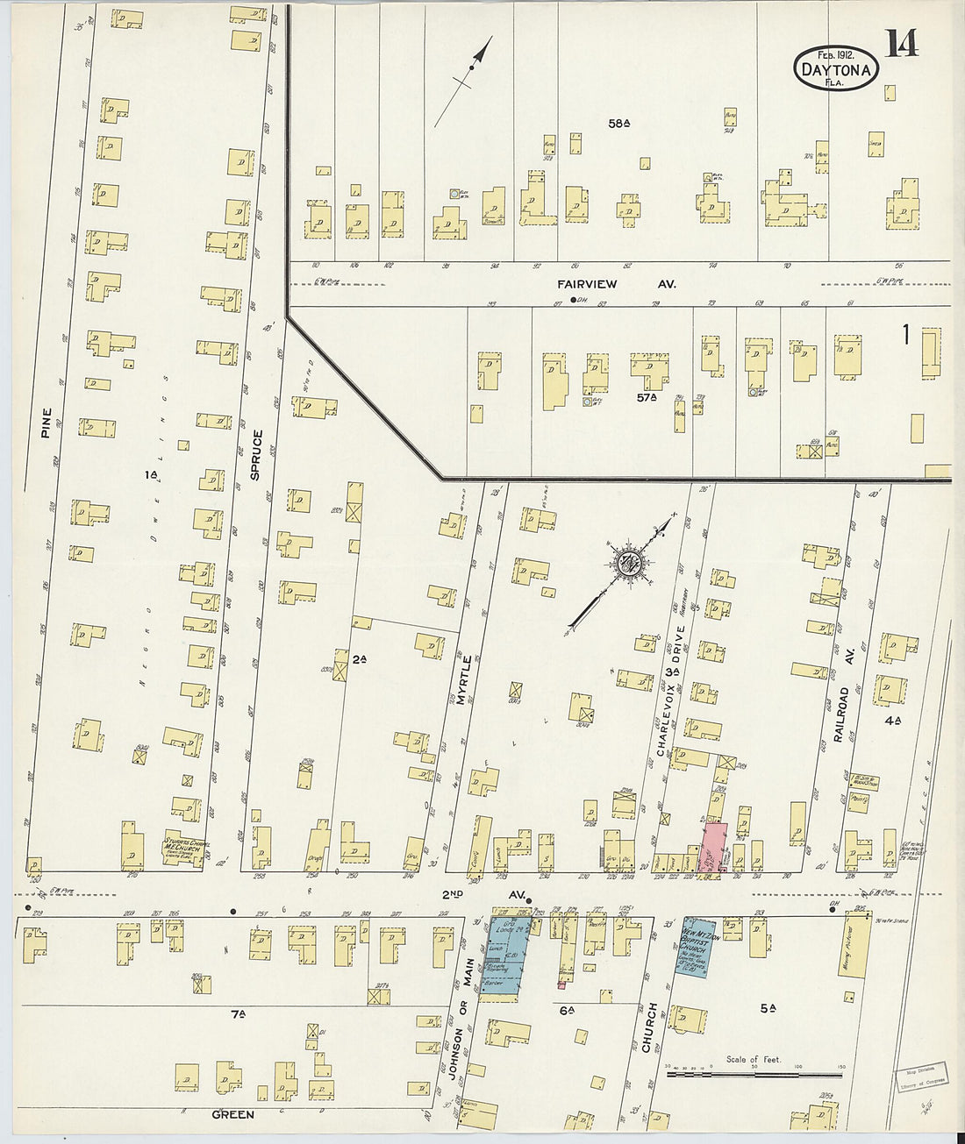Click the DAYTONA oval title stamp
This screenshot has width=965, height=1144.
click(836, 68)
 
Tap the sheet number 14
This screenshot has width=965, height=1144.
click(901, 42)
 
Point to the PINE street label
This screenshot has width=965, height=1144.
click(46, 423)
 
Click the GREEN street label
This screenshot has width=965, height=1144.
click(232, 1114)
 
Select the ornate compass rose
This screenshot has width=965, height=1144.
click(628, 565)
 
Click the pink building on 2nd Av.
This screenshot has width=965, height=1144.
click(713, 847)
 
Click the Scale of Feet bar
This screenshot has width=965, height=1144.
click(753, 1072)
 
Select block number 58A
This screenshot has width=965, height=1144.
click(619, 124)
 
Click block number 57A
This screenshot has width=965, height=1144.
click(647, 397)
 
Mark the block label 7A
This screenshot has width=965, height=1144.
click(237, 1014)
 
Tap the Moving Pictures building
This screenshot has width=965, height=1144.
click(857, 947)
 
